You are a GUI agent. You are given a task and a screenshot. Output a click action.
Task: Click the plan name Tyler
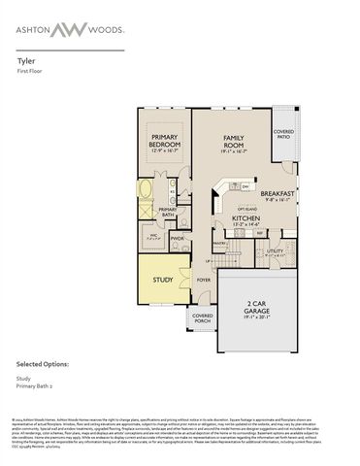25,59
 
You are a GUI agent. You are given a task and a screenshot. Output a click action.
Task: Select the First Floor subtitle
31,70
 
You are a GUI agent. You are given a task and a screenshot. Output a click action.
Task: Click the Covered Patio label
283,133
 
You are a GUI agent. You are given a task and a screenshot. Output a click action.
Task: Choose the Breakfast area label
277,195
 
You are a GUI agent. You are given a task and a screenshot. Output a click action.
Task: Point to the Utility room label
275,251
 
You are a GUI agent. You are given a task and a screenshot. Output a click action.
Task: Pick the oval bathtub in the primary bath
147,188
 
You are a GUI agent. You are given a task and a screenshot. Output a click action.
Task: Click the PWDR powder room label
178,238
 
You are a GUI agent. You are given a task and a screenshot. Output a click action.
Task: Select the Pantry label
219,244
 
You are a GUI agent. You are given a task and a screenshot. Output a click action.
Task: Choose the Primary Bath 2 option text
35,383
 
